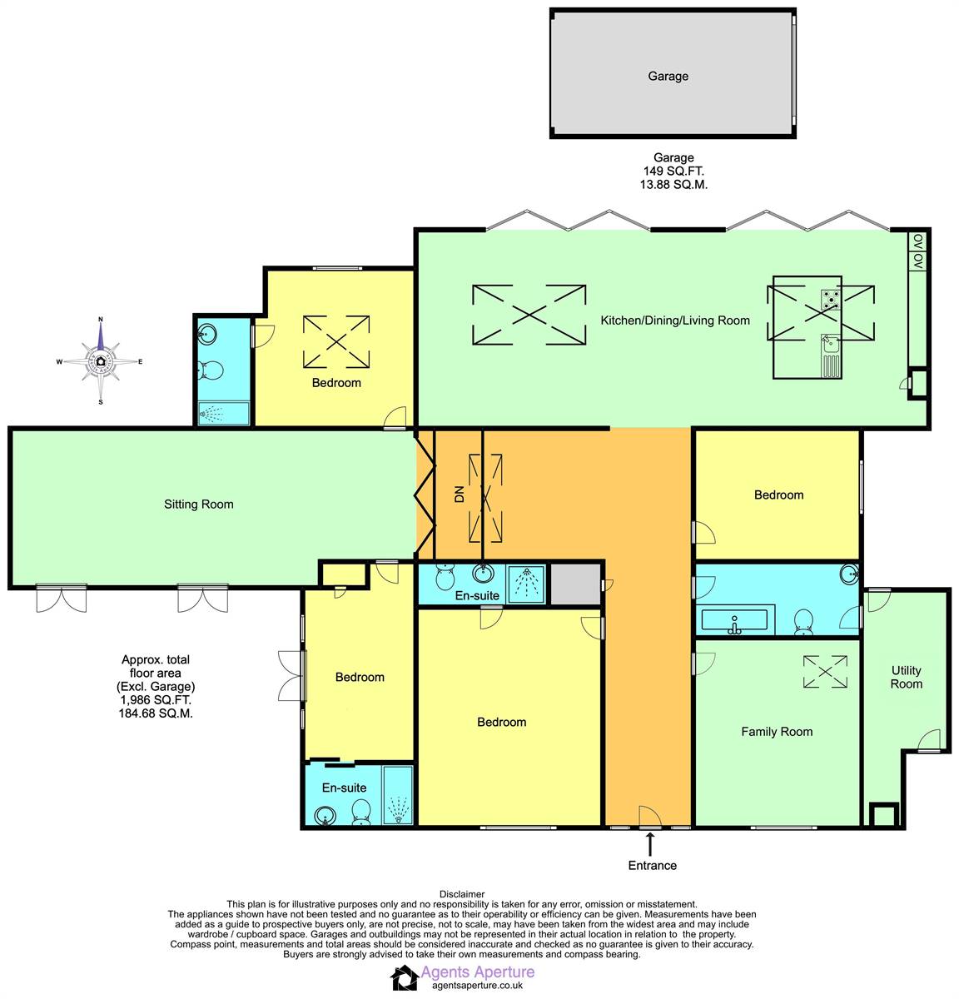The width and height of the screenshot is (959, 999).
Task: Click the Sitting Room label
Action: (x=199, y=504)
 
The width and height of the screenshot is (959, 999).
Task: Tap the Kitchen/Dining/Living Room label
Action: (x=675, y=321)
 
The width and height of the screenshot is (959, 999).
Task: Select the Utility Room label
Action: (x=906, y=677)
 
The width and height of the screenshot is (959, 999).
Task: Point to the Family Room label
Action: (x=777, y=732)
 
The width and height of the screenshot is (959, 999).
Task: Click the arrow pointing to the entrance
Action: (x=650, y=844)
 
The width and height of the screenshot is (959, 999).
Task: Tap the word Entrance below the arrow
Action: (x=652, y=866)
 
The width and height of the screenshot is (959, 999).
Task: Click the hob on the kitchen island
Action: (x=831, y=300)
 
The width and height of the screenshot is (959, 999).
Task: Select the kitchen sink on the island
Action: (x=830, y=355)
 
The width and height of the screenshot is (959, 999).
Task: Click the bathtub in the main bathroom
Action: (x=735, y=619)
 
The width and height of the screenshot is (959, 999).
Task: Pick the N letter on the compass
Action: (x=101, y=320)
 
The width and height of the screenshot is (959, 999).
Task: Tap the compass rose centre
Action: (x=101, y=361)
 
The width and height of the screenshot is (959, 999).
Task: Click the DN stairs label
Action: (x=459, y=494)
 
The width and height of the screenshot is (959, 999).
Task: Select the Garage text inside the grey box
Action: (x=668, y=76)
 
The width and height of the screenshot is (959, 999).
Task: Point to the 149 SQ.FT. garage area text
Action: (x=673, y=171)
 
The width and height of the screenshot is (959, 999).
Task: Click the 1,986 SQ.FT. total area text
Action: (x=156, y=699)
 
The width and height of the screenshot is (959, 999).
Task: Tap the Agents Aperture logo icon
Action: (x=405, y=977)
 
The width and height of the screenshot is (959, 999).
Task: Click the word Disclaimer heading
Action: (x=462, y=894)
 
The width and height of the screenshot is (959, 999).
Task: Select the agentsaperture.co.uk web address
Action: (x=478, y=986)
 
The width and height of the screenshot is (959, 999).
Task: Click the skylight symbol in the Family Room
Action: (x=825, y=671)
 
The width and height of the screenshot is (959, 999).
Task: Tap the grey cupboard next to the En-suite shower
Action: (x=575, y=584)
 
